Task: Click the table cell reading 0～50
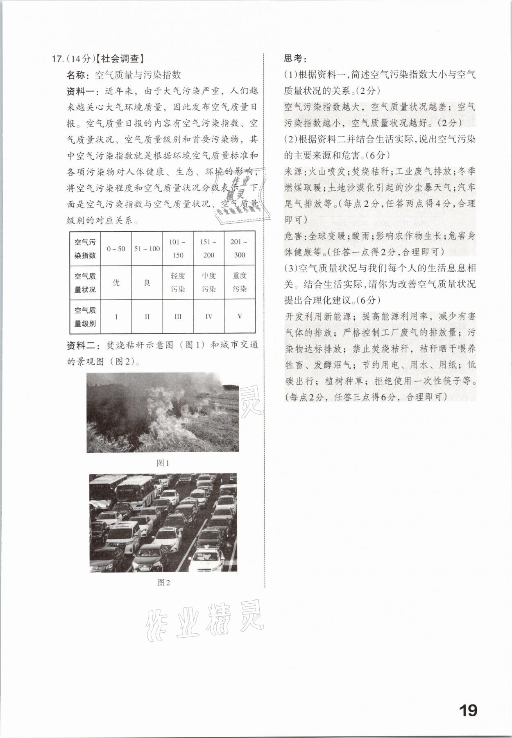[x=116, y=249]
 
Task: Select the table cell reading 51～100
[x=147, y=249]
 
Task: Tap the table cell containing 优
[x=116, y=283]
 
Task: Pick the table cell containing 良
[x=147, y=283]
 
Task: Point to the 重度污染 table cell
[x=240, y=282]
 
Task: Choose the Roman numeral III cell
[x=178, y=316]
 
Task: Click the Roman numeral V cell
[x=240, y=316]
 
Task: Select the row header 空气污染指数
[x=85, y=249]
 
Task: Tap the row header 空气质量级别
[x=85, y=316]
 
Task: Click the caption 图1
[x=163, y=463]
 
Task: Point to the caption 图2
[x=163, y=582]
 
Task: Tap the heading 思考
[x=295, y=59]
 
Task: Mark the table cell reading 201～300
[x=240, y=248]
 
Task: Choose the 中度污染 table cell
[x=208, y=282]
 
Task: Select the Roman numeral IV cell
[x=208, y=316]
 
